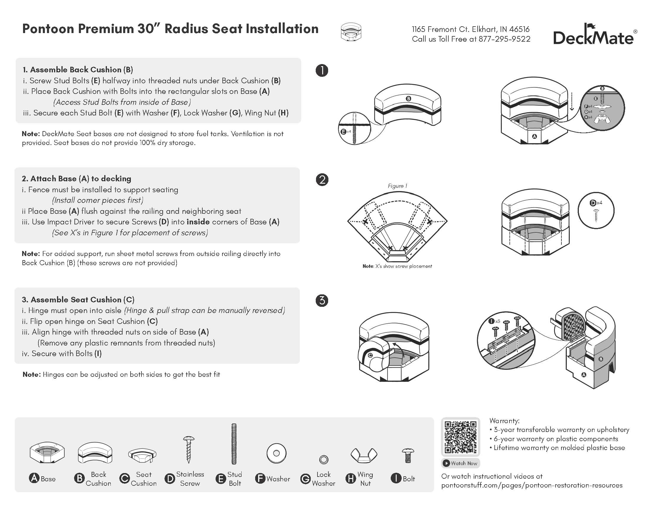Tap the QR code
pos(460,437)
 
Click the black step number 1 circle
pos(322,71)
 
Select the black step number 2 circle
pos(322,180)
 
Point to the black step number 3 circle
pos(322,300)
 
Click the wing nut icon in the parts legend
pos(364,455)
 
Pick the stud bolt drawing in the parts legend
pos(234,444)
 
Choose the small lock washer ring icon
pos(324,459)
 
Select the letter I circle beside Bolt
pos(396,478)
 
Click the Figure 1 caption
pos(397,186)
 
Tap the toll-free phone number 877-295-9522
pos(504,39)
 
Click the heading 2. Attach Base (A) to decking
pos(76,179)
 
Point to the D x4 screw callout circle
pos(596,211)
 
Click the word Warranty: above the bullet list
pos(504,421)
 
